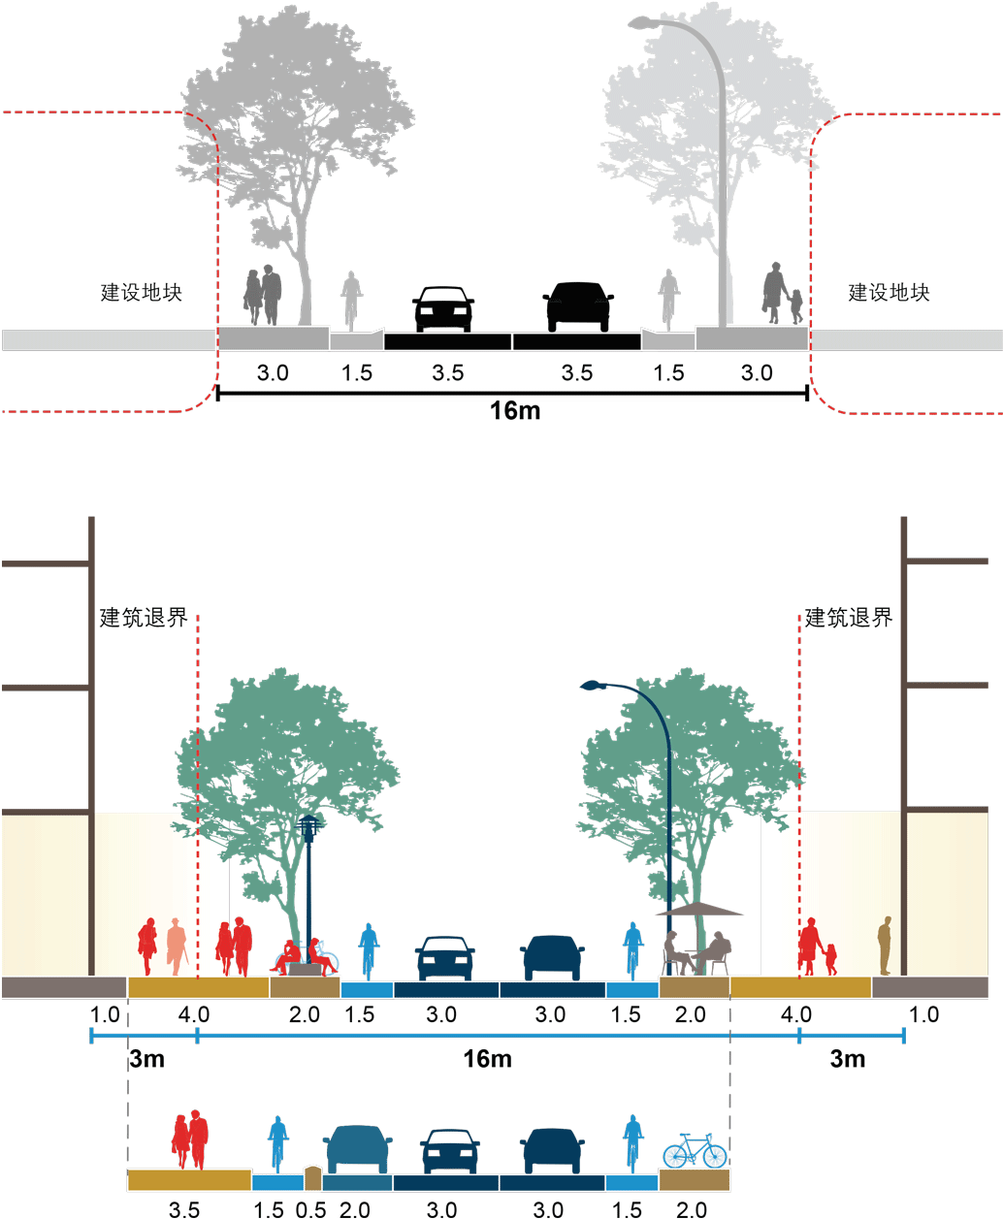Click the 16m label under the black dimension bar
pos(515,411)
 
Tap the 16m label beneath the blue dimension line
pos(486,1058)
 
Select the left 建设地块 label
pos(142,292)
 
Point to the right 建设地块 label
pos(889,292)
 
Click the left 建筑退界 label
pos(142,618)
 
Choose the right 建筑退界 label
pos(848,618)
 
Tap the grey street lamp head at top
pos(644,23)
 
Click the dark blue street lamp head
pos(593,687)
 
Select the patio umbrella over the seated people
pos(699,910)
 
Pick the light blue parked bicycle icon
pos(695,1151)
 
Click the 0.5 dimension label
pos(310,1209)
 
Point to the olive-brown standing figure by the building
pos(884,946)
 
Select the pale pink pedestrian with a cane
pos(175,946)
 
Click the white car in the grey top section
pos(443,307)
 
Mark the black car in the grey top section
pos(578,305)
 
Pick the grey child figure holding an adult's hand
pos(796,305)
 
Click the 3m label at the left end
pos(146,1058)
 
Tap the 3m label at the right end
pos(848,1058)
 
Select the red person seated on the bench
pos(287,955)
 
